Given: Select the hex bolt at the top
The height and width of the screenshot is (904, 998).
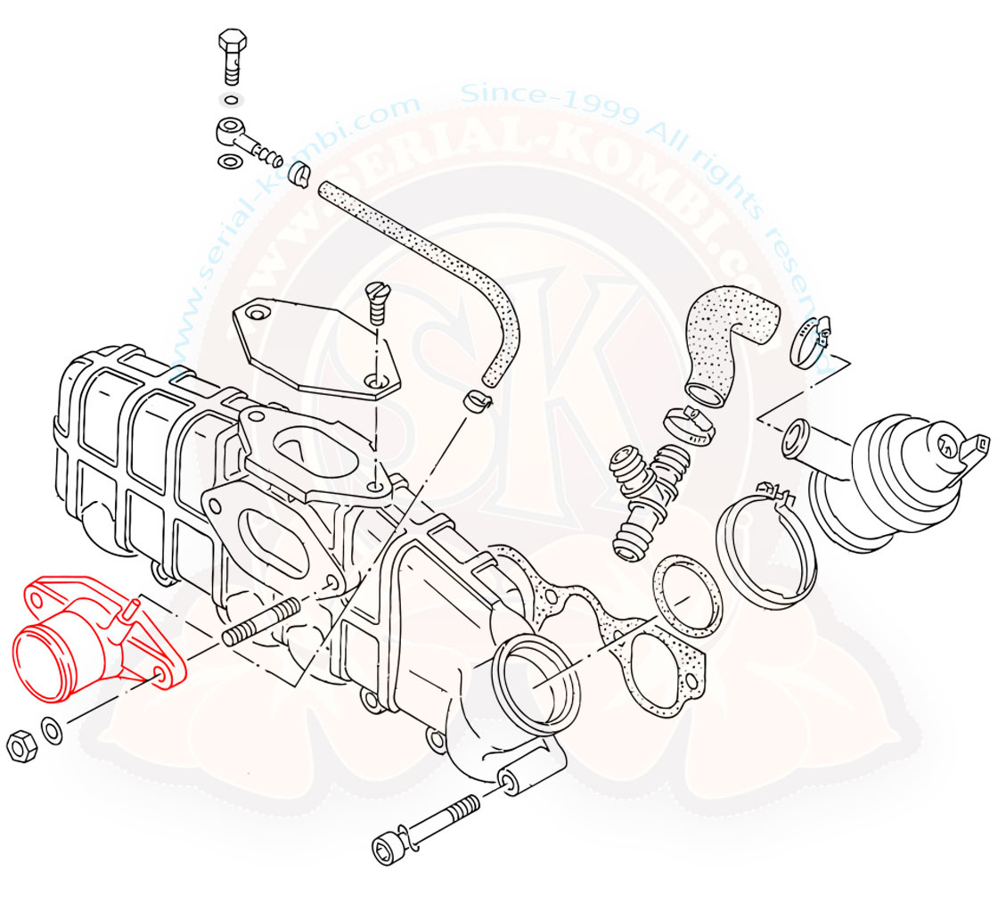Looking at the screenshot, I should coord(231,50).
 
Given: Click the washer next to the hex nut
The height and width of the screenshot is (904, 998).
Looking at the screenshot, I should coord(52,731).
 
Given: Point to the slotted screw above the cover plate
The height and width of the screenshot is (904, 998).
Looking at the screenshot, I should coord(378,302).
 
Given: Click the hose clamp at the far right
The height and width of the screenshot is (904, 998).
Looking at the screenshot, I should coord(810,344).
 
